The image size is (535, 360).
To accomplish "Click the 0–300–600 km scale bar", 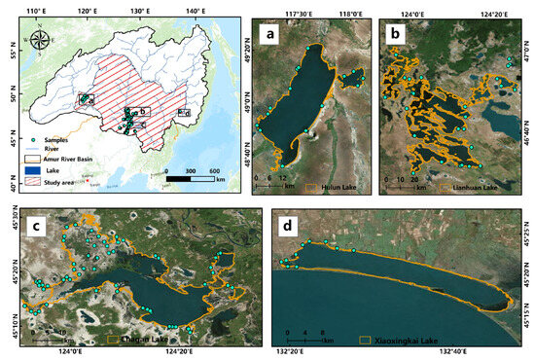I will coord(194,171).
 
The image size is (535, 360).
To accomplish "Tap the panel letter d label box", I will coord(290,223).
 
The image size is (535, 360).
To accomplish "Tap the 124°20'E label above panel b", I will coord(487,9).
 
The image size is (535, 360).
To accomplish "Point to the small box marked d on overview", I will coord(185,113).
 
